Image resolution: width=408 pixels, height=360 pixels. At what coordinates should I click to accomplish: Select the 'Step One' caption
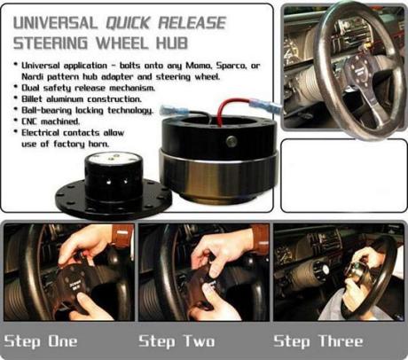pos(41,340)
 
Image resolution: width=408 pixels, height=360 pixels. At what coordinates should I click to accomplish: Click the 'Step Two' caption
pos(176,340)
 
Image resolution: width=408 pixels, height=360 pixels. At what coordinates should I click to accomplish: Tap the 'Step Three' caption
pos(317,340)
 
